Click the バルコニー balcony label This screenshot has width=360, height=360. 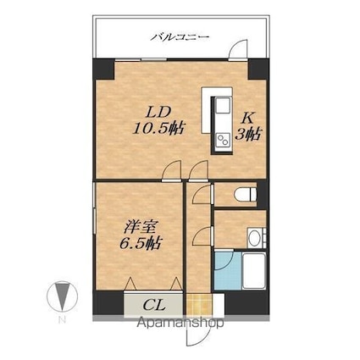point(180,37)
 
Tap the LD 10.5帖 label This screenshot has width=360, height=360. point(158,121)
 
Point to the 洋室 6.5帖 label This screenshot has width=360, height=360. point(141,235)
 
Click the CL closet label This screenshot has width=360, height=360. point(154,305)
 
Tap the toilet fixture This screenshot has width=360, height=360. point(245,194)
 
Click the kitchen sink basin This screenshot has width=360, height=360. point(223,105)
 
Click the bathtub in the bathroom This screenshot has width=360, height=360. point(254,271)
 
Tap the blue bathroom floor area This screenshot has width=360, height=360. point(228,270)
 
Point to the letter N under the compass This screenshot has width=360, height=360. point(62,319)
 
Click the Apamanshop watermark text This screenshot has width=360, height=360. point(180,323)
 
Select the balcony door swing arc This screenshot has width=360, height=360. point(238,49)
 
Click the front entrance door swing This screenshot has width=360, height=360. point(197,335)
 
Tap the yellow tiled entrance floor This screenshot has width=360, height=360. point(199,305)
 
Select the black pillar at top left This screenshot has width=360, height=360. point(103,69)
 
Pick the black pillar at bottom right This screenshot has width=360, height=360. point(246,303)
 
